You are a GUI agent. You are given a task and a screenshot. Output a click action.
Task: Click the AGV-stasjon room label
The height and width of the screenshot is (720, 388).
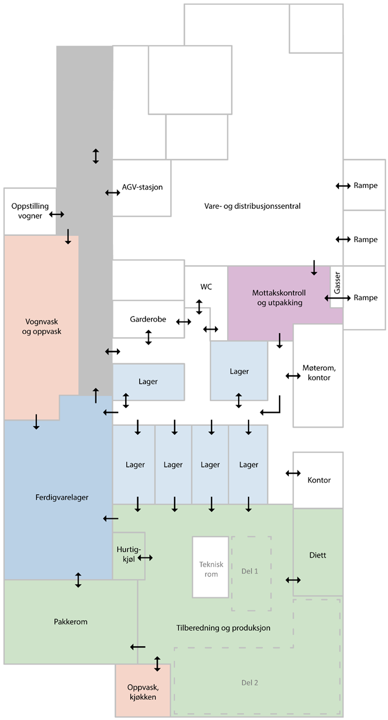142,187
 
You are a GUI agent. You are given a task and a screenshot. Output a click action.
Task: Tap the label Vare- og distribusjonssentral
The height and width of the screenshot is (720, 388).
253,206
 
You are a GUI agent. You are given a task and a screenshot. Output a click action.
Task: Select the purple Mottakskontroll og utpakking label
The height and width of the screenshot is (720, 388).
277,297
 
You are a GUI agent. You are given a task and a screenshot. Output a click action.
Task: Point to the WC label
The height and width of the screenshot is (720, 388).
206,287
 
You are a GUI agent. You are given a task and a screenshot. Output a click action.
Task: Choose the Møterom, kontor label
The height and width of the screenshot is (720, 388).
318,373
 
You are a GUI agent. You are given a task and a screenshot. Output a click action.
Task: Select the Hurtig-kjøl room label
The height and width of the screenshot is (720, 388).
125,553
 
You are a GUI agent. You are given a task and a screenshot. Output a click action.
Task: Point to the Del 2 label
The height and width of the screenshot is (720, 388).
250,683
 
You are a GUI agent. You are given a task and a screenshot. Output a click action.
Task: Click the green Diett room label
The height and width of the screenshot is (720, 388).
318,555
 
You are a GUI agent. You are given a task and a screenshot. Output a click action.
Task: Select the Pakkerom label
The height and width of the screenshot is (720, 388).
70,621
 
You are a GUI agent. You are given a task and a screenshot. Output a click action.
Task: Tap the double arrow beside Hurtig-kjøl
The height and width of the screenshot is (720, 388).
145,557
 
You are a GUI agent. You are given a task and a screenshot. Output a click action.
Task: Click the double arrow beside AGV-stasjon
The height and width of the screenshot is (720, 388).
112,192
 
